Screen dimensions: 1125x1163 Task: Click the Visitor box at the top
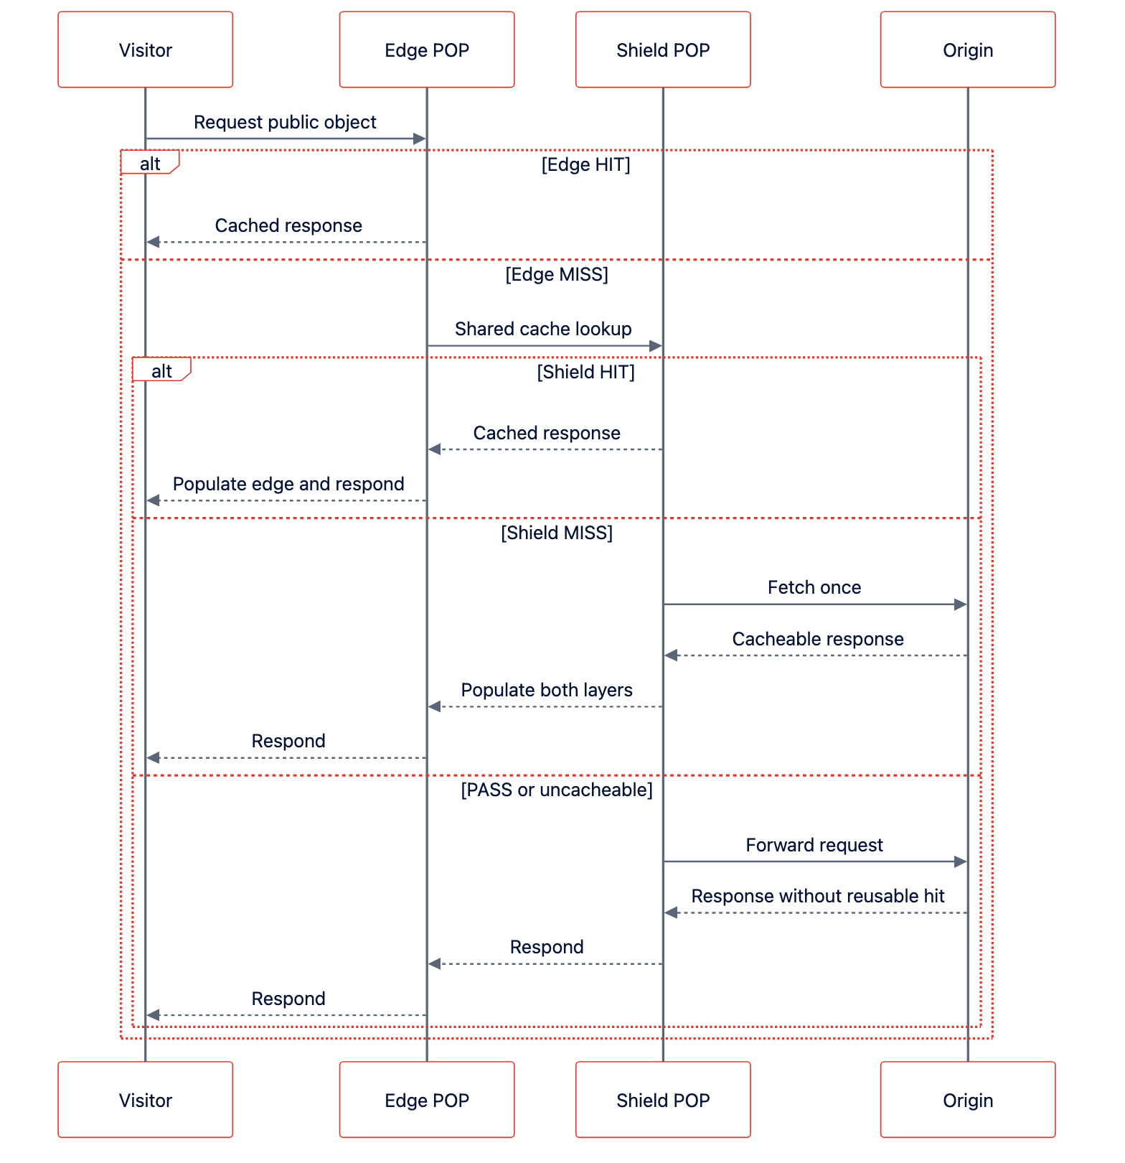tap(146, 50)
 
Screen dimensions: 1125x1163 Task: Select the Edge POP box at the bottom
tap(427, 1100)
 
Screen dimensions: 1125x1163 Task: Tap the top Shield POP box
tap(663, 50)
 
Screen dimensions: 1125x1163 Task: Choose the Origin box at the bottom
tap(968, 1100)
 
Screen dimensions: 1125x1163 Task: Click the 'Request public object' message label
tap(285, 122)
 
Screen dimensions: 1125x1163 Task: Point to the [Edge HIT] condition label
tap(586, 165)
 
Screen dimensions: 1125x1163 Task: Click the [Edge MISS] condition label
tap(557, 275)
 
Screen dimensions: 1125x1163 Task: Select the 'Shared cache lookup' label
tap(543, 329)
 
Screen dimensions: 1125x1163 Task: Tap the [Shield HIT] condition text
tap(586, 372)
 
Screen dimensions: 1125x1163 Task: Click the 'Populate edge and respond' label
tap(288, 484)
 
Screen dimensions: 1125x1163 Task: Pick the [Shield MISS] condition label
tap(557, 533)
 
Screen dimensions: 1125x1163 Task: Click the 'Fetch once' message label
tap(814, 587)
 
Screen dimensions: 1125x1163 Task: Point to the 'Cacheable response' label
tap(818, 639)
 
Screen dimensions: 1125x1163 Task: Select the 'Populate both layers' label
tap(547, 690)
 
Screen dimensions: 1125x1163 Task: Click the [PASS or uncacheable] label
tap(557, 790)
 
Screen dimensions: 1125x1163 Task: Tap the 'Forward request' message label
tap(814, 845)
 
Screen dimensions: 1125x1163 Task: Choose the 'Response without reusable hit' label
tap(818, 896)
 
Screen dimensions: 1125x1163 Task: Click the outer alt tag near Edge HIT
tap(150, 162)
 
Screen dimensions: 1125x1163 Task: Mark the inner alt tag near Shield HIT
tap(161, 369)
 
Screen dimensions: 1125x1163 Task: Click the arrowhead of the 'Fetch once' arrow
tap(961, 604)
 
